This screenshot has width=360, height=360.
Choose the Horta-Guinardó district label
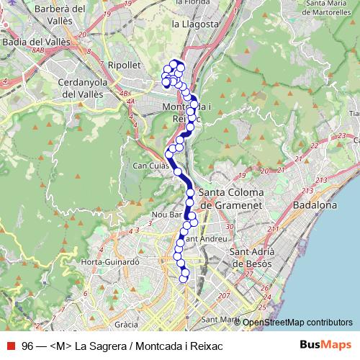point(110,262)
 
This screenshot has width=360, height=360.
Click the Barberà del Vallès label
point(34,15)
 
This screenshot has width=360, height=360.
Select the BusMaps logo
point(325,346)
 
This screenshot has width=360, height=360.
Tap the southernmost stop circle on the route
point(184,279)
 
